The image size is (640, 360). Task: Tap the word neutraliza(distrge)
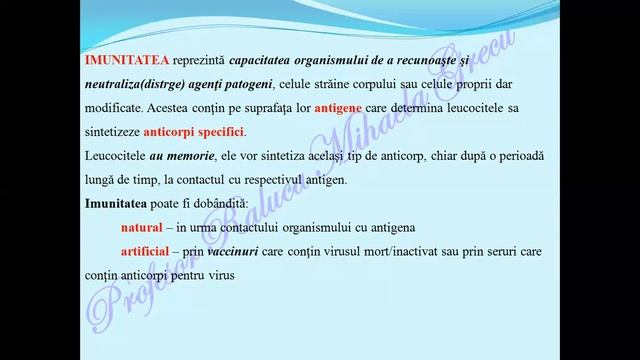click(x=131, y=83)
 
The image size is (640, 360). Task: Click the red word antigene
click(x=313, y=108)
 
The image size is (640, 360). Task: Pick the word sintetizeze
click(x=112, y=132)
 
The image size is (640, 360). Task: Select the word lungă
click(x=102, y=180)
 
